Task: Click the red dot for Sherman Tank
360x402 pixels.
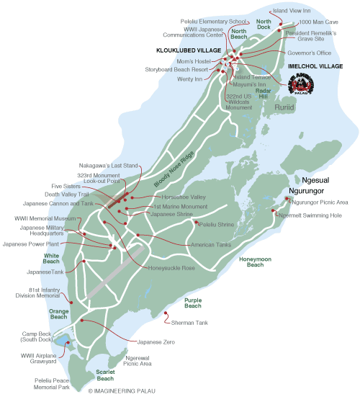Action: [166, 312]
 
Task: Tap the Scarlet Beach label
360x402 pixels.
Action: [105, 375]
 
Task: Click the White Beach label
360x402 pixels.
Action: [51, 259]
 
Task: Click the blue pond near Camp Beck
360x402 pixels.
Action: [62, 340]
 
